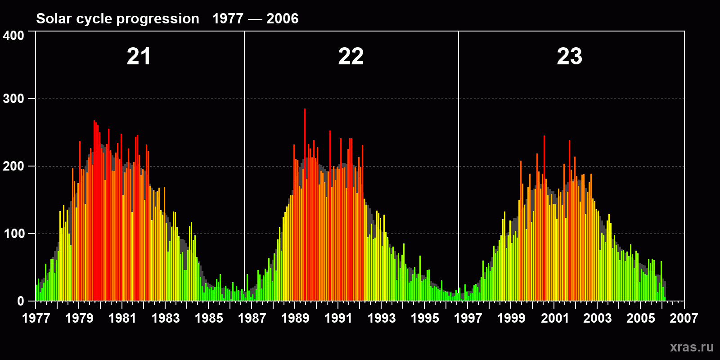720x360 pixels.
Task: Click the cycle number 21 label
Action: click(139, 57)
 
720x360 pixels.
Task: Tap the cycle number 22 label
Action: click(351, 57)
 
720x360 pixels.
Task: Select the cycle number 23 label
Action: click(569, 57)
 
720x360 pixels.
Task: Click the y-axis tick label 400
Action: click(13, 36)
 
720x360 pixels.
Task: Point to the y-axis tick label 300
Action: click(13, 99)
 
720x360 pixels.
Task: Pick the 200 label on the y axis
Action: click(13, 166)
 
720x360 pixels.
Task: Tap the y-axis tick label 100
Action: click(13, 234)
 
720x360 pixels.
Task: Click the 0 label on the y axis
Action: click(20, 301)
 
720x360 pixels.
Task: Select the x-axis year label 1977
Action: click(36, 319)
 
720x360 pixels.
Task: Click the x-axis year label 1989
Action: click(295, 319)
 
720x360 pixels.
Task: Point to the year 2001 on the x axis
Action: click(555, 319)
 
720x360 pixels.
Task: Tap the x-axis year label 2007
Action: click(684, 319)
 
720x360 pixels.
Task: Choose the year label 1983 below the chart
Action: click(166, 319)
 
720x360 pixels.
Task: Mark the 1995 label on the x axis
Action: click(425, 319)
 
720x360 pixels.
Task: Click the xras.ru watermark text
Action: click(692, 347)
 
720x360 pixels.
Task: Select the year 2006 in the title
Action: click(282, 18)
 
